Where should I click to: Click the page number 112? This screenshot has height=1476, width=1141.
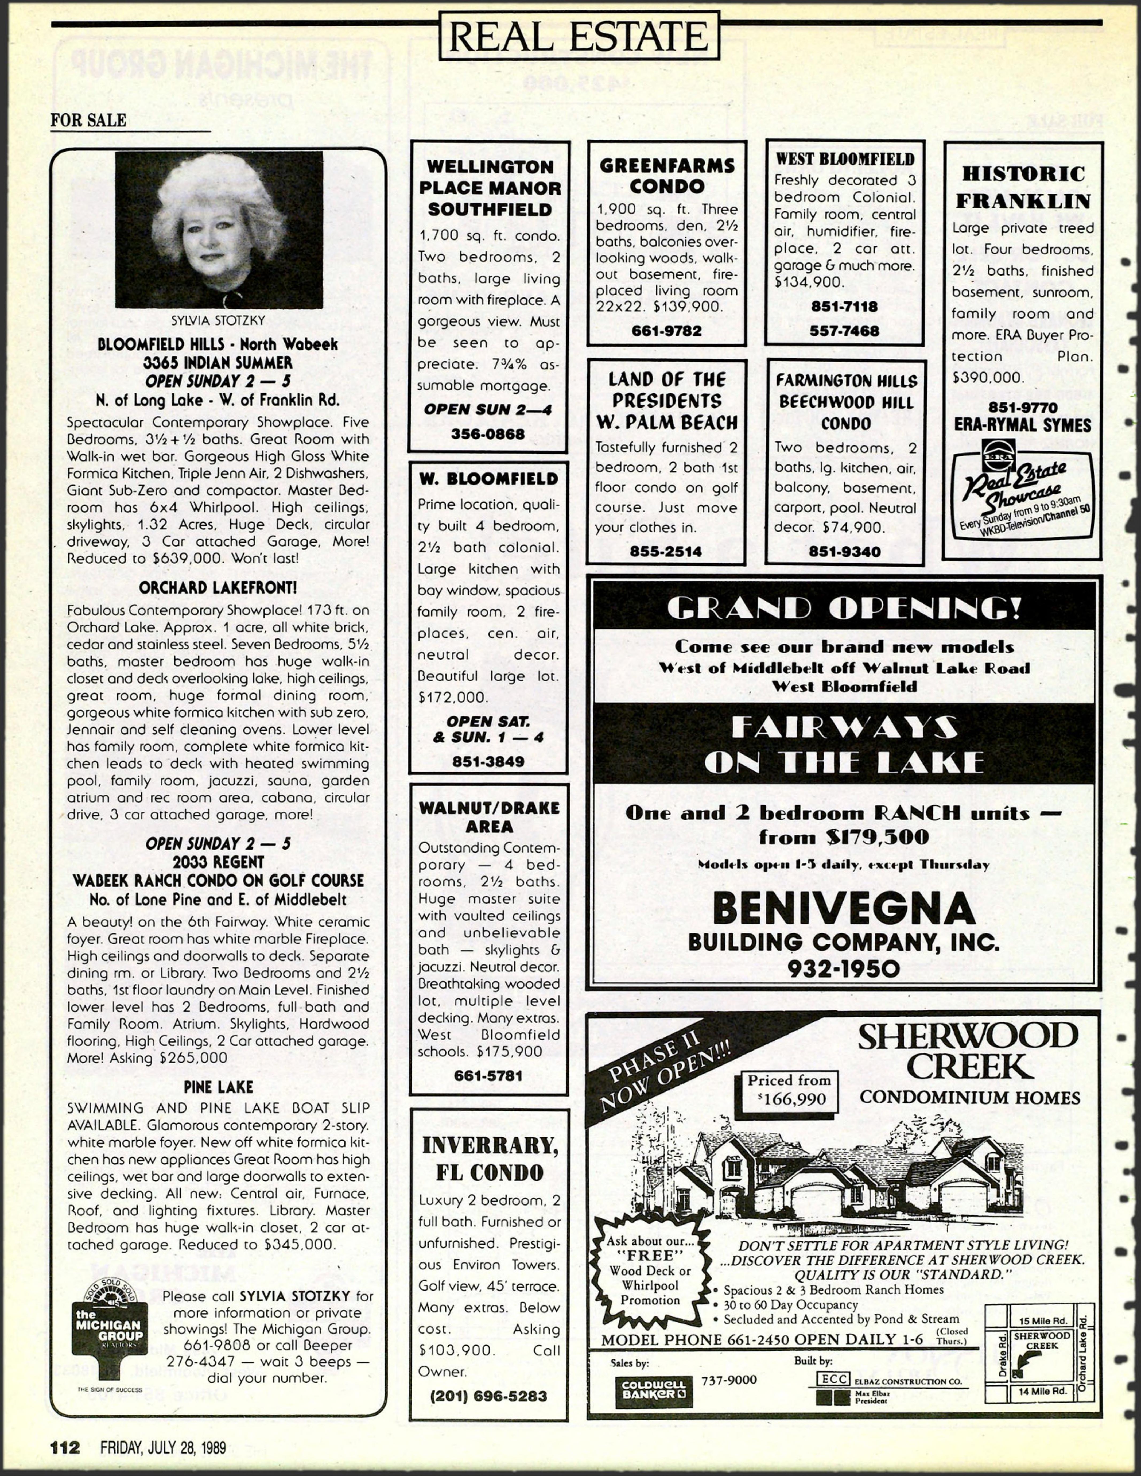[x=65, y=1447]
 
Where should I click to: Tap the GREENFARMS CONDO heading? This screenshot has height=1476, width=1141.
[x=667, y=176]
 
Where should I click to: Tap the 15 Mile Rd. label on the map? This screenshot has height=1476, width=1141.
[x=1043, y=1321]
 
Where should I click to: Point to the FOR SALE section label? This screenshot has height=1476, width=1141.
[x=88, y=120]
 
